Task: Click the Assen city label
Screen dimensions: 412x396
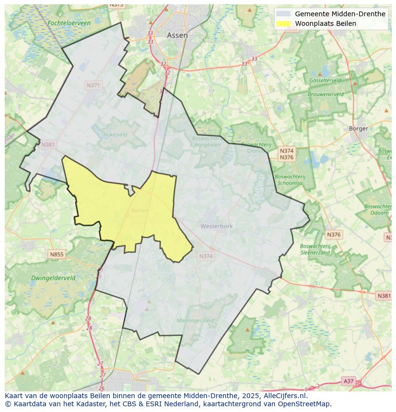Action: [177, 35]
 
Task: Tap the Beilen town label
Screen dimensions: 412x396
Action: [139, 211]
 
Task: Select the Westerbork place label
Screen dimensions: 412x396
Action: [217, 226]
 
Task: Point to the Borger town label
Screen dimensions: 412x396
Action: [358, 128]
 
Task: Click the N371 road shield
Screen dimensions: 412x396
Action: [93, 85]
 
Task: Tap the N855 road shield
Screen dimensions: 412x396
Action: [56, 255]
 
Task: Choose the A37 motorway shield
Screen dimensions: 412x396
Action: [349, 381]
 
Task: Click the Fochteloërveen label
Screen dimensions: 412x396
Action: [69, 23]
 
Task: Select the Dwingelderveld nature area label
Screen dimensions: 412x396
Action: [53, 278]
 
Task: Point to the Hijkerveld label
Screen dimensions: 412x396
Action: [115, 135]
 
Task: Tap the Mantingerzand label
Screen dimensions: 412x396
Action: [195, 321]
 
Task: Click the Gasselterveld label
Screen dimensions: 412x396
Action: [325, 80]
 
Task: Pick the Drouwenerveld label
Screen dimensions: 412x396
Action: [325, 94]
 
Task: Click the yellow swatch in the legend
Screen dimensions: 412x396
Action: [283, 23]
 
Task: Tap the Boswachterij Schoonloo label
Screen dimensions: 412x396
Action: [290, 179]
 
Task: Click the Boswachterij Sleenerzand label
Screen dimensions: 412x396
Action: [315, 249]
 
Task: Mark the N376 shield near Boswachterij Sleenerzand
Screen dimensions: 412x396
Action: [334, 234]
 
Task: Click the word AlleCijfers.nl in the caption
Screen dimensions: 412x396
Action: [286, 396]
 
